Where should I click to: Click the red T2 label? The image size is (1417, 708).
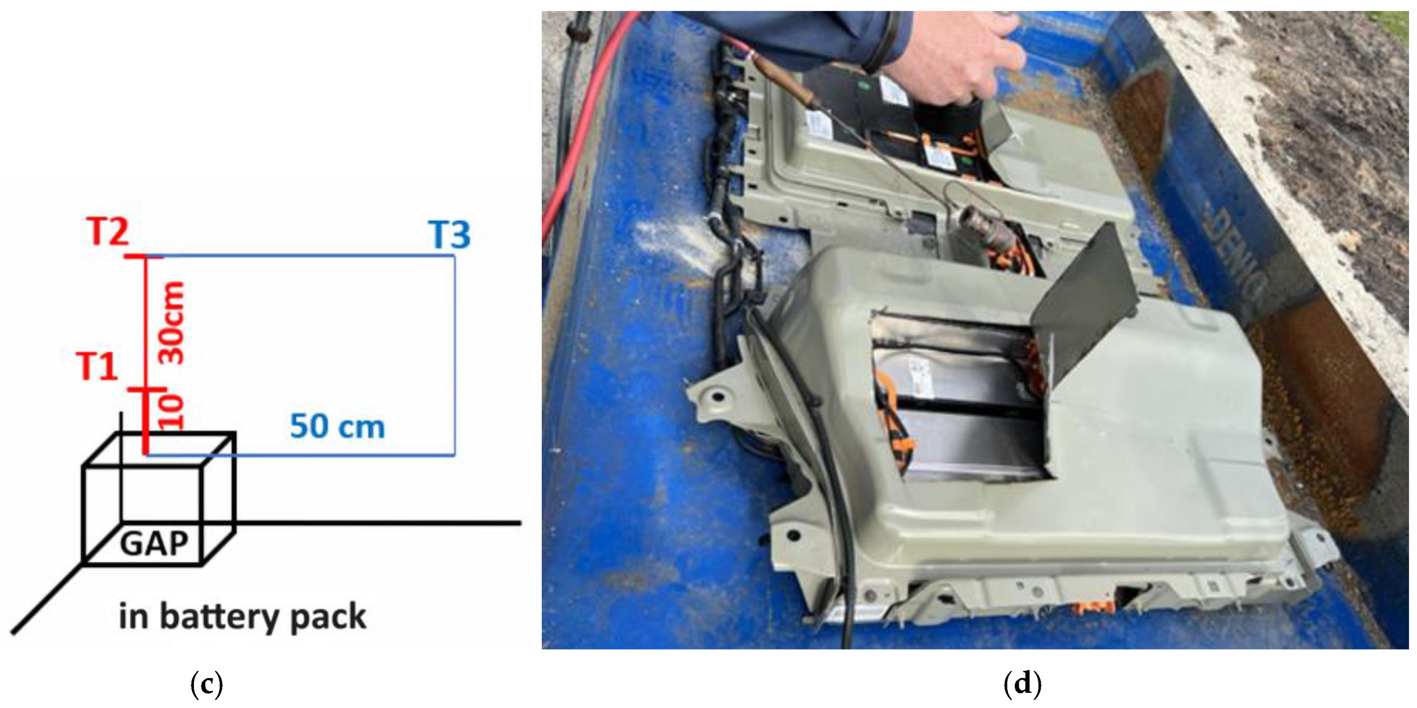(108, 232)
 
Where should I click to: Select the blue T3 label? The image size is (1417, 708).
(450, 235)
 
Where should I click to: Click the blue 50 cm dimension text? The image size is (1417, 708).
(337, 427)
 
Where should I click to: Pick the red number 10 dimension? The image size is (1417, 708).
(171, 412)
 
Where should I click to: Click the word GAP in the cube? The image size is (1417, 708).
(154, 544)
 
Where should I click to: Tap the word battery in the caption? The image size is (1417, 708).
(218, 617)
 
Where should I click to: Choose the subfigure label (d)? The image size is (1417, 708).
(1023, 685)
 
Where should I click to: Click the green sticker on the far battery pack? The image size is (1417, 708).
(863, 86)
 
